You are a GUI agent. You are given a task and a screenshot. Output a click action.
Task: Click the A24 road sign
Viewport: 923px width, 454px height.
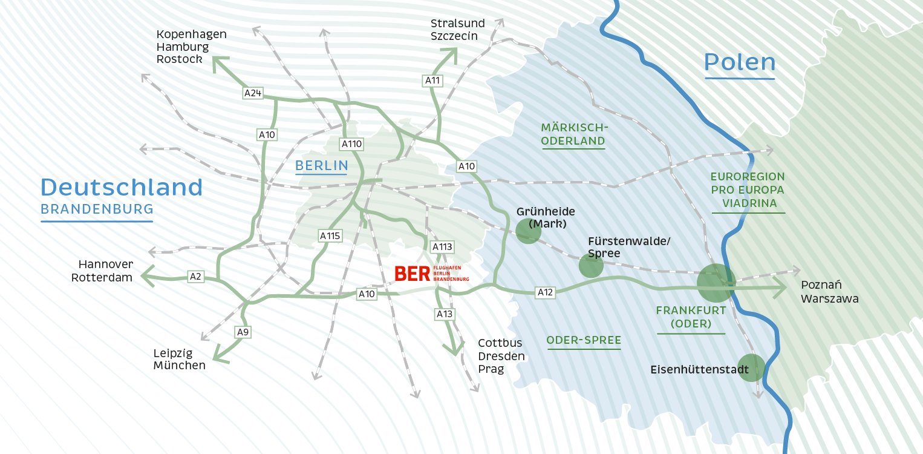click(x=253, y=93)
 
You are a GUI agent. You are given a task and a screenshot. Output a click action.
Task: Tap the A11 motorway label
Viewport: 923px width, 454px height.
click(x=432, y=80)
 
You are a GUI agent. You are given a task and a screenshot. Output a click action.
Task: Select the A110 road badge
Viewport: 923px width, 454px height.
click(x=351, y=144)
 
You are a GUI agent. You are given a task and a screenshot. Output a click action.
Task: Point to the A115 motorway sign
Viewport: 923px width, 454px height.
click(x=330, y=236)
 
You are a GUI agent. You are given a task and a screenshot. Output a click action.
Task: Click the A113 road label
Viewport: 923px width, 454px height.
click(x=442, y=247)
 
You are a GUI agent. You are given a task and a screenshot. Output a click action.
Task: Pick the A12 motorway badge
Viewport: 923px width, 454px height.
click(x=545, y=292)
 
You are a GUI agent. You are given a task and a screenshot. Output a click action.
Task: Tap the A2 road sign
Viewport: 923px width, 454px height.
click(x=195, y=277)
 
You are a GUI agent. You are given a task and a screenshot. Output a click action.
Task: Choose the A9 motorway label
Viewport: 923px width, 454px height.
click(x=243, y=332)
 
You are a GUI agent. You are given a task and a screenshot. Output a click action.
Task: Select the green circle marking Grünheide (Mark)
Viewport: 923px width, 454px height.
click(x=528, y=231)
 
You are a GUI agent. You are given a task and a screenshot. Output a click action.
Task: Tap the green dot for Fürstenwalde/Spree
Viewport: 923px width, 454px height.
click(x=591, y=266)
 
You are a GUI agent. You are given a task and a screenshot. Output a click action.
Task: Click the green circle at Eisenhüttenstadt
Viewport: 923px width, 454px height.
click(x=751, y=367)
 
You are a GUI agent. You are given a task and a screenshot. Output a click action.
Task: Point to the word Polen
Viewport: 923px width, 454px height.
click(x=740, y=63)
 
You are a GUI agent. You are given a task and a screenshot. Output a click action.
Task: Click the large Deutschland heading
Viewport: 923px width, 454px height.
click(x=122, y=188)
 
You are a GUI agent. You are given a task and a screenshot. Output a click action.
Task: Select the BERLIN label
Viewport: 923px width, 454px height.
click(x=321, y=165)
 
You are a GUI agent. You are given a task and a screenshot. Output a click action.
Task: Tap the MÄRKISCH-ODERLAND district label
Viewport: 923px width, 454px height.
click(x=573, y=134)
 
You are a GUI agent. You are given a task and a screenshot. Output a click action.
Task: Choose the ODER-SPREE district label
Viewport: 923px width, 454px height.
click(x=584, y=340)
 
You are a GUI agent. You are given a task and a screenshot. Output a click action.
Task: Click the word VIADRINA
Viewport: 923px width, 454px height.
click(x=748, y=203)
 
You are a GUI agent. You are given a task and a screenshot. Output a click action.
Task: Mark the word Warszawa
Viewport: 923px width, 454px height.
click(x=829, y=298)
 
